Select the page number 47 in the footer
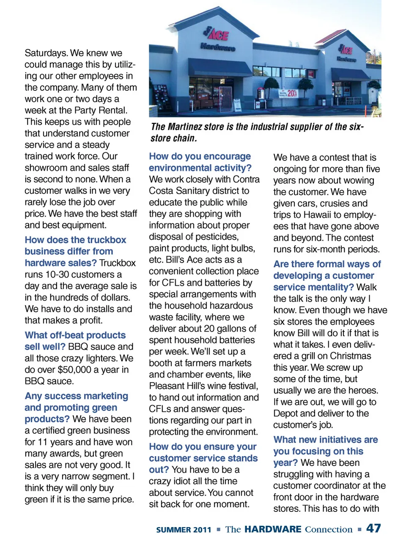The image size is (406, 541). coord(373,528)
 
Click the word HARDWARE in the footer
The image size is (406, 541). coord(273,529)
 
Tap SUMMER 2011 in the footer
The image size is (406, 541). coord(184,530)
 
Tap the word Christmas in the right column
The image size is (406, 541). coord(351,356)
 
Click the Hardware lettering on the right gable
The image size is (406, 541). coord(346,60)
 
